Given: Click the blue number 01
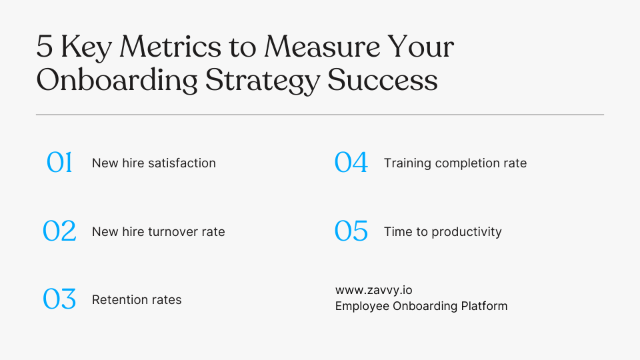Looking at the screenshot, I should coord(59,163).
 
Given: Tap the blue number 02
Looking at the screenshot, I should coord(59,231).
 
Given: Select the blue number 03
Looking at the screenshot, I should coord(59,299).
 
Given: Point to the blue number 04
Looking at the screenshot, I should coord(351,163).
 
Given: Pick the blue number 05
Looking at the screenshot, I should coord(351,231).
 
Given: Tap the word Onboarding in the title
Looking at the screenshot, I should coord(117,81).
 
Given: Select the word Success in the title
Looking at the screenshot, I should coord(383,80).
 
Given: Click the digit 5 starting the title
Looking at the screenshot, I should coord(44,48).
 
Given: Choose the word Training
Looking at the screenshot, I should coord(407,163).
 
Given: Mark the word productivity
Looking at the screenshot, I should coord(467,232).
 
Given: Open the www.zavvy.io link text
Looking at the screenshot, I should coord(378,290).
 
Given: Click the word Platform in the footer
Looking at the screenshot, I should coord(484,306).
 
